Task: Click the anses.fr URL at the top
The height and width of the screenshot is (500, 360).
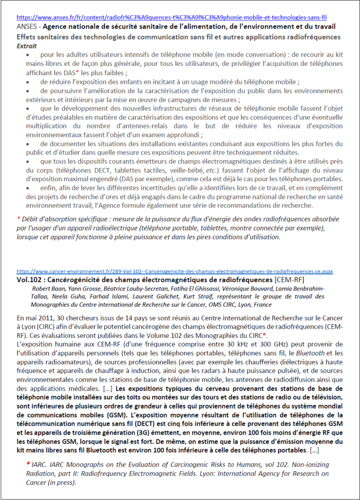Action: click(x=171, y=16)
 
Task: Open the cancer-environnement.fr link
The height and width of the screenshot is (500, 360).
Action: click(x=174, y=271)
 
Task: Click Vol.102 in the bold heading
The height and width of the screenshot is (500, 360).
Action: click(x=31, y=280)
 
